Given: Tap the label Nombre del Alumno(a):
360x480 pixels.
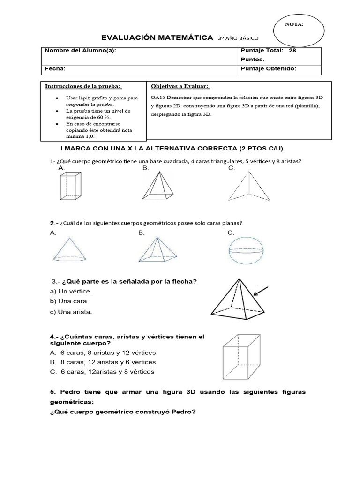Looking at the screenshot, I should [x=80, y=51].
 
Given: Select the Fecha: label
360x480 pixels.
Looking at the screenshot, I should [x=55, y=68].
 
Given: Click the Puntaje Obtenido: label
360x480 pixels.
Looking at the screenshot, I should [x=268, y=68].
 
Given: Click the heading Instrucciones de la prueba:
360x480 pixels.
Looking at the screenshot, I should [x=83, y=86].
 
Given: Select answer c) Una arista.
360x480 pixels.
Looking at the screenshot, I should [x=71, y=311].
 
